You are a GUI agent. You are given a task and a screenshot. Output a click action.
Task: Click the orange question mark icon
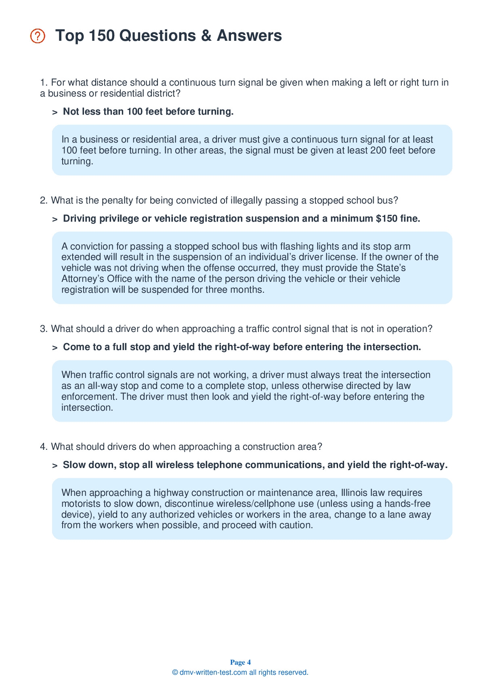tap(38, 36)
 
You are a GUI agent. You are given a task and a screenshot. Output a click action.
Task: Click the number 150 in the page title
tap(101, 36)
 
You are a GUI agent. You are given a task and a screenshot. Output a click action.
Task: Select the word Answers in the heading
tap(249, 36)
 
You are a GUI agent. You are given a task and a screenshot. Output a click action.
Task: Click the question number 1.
tap(44, 83)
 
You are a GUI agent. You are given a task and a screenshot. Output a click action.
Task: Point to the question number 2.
tap(44, 201)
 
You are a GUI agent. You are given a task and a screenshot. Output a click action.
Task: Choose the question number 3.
tap(44, 329)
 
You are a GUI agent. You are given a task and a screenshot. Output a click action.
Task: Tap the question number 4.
tap(44, 447)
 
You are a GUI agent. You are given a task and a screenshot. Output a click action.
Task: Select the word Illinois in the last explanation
tap(355, 493)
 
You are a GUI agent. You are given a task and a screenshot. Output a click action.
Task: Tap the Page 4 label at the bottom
tap(240, 662)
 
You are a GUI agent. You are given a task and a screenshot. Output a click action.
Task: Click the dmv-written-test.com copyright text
tap(240, 672)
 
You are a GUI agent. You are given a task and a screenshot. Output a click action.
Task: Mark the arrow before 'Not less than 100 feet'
tap(55, 112)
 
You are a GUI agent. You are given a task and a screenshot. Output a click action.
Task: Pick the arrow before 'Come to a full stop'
tap(55, 348)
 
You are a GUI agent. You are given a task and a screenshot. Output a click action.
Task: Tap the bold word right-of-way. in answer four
tap(418, 465)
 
